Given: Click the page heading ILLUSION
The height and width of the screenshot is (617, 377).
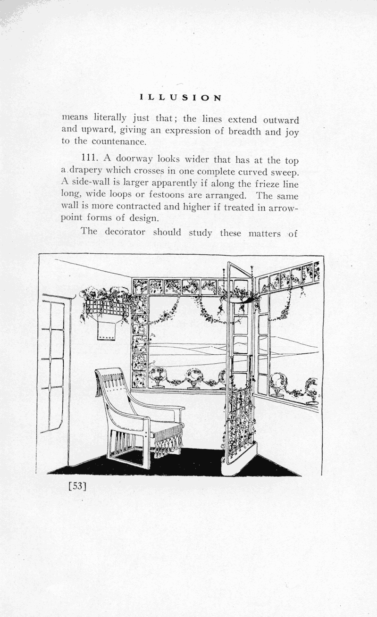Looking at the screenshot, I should (x=181, y=98).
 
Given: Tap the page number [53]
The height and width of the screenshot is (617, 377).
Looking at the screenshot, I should (x=77, y=485).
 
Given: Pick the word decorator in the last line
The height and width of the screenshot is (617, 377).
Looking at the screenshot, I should (x=125, y=232).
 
